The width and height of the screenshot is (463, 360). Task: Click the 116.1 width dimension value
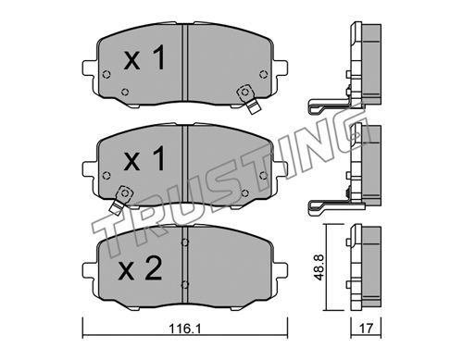[x=185, y=329]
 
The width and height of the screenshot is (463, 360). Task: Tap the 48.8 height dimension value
[x=319, y=267]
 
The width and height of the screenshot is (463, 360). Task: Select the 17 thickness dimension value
[x=366, y=329]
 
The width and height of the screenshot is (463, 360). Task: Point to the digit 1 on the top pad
[x=158, y=56]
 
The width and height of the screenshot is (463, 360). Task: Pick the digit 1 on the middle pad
[x=158, y=158]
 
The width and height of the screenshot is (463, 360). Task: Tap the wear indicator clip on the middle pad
[x=121, y=200]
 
